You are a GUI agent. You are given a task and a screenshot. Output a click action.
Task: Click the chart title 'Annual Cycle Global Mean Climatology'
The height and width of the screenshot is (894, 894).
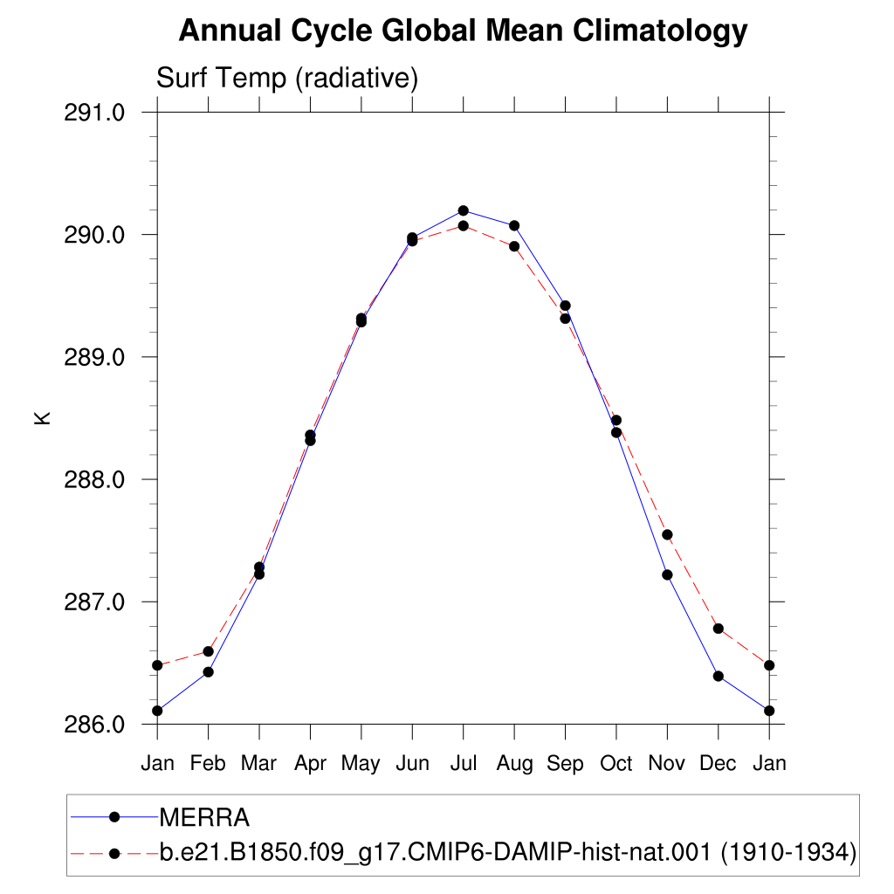[x=463, y=31]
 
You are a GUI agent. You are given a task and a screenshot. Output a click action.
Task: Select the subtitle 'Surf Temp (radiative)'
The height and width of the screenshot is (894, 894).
[x=287, y=78]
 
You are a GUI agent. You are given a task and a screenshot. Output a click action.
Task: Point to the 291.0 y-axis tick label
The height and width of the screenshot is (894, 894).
[x=94, y=113]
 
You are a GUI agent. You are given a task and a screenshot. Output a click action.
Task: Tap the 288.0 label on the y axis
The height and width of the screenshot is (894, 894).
[x=94, y=480]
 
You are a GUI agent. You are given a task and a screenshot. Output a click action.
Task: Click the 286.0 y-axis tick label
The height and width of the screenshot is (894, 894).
[x=94, y=725]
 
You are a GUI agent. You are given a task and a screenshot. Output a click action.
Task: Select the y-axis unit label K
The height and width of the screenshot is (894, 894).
[x=43, y=418]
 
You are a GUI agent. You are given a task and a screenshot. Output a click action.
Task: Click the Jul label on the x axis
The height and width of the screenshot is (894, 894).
[x=463, y=763]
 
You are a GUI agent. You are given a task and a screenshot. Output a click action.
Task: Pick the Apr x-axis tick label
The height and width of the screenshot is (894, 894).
[x=310, y=764]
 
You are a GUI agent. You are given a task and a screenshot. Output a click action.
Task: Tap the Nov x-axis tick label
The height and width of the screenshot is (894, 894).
[x=666, y=763]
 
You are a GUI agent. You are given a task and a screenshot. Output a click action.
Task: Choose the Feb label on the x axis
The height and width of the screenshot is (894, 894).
[x=208, y=763]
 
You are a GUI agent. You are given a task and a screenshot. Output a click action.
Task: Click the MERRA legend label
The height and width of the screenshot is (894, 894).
[x=204, y=817]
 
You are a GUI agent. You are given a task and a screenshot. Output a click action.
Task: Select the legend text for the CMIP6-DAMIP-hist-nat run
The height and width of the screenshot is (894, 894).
[x=508, y=853]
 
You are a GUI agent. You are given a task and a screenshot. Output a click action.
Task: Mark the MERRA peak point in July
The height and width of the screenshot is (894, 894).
[x=463, y=211]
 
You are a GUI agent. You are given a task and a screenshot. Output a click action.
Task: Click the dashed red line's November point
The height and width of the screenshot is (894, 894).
[x=667, y=535]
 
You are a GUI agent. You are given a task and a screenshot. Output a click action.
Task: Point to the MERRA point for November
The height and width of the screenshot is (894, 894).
[x=667, y=574]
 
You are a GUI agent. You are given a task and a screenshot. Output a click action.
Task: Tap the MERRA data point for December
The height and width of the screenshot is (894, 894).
[x=719, y=677]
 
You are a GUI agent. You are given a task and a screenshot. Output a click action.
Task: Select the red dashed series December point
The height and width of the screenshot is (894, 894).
[x=719, y=629]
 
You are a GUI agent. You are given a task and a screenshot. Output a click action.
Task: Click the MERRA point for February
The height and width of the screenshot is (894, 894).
[x=208, y=672]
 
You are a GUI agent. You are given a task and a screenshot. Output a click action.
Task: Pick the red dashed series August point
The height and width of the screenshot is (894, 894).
[x=514, y=246]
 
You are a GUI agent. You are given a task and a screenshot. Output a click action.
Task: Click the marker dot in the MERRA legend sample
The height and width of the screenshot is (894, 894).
[x=114, y=817]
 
